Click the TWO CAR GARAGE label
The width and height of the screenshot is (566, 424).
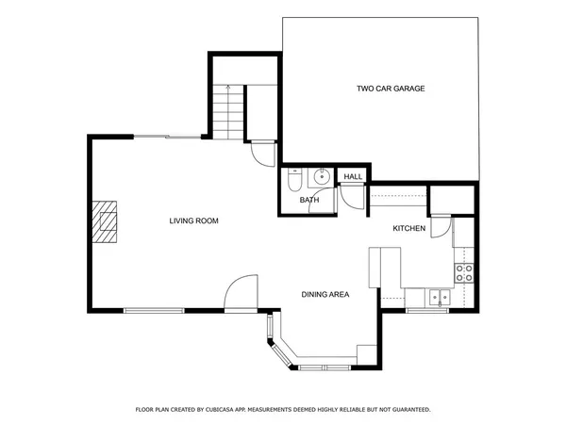pyautogui.click(x=391, y=89)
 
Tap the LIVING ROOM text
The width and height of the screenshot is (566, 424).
pyautogui.click(x=194, y=221)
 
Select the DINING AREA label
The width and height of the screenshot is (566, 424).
pyautogui.click(x=325, y=295)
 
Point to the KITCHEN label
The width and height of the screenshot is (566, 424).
pyautogui.click(x=409, y=229)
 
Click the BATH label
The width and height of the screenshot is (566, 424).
pyautogui.click(x=309, y=201)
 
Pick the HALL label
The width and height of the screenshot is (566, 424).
pyautogui.click(x=353, y=177)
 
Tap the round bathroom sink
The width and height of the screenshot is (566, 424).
pyautogui.click(x=322, y=175)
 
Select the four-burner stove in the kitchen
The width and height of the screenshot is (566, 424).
pyautogui.click(x=464, y=273)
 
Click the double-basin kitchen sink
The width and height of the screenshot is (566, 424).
pyautogui.click(x=440, y=298)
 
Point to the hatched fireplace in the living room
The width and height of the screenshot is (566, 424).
pyautogui.click(x=107, y=222)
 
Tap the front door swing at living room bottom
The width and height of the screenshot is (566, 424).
pyautogui.click(x=241, y=291)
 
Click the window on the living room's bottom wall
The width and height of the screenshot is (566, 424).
pyautogui.click(x=155, y=310)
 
